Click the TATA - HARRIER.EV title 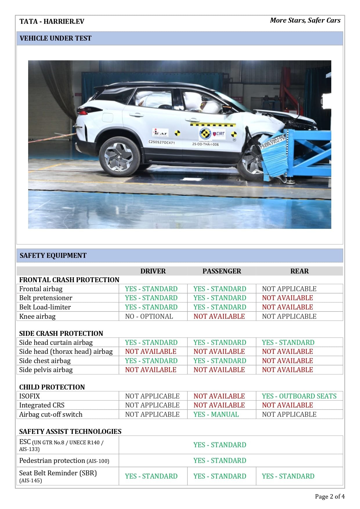point(52,21)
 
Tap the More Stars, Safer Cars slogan point(305,20)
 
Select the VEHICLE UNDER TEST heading point(55,38)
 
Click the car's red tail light point(83,112)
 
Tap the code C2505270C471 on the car point(161,142)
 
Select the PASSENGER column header point(222,271)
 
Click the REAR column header point(299,271)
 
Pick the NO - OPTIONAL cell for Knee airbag point(149,316)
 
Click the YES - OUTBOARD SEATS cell point(299,396)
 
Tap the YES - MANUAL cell point(216,414)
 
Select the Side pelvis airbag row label point(46,370)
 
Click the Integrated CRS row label point(42,405)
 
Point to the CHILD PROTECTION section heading point(52,387)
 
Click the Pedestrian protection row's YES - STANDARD point(220,461)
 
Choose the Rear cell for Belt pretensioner point(287,298)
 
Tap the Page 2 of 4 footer point(330,497)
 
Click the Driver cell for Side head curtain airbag point(151,343)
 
